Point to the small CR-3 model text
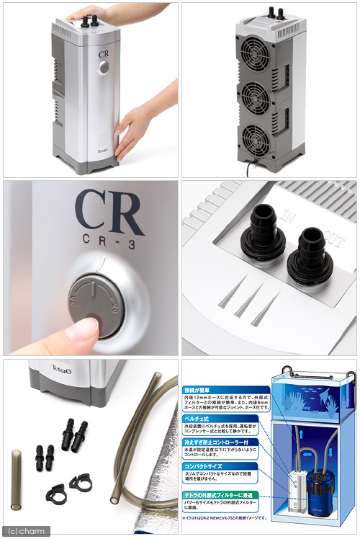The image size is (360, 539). pyautogui.click(x=110, y=246)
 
